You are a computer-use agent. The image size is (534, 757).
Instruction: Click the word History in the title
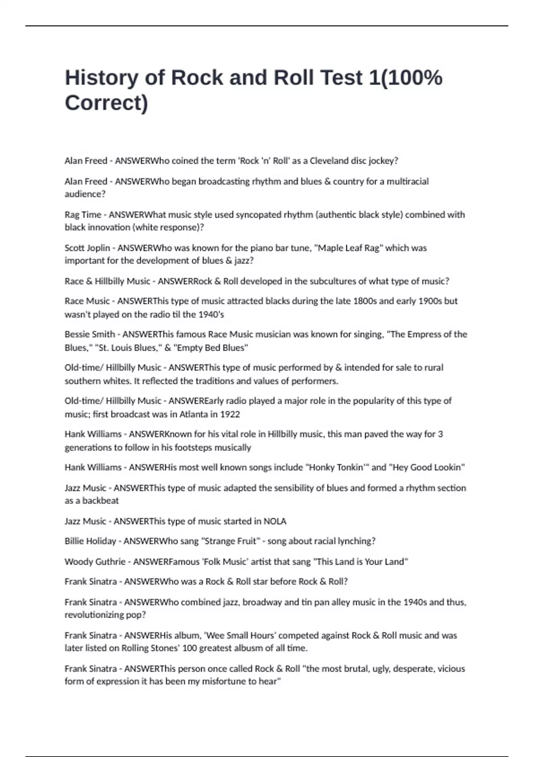point(101,77)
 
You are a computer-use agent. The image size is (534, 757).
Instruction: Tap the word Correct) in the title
point(106,103)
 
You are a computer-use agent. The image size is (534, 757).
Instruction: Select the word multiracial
point(407,181)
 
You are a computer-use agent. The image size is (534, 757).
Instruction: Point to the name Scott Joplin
point(87,248)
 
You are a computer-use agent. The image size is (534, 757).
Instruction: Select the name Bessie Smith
point(90,334)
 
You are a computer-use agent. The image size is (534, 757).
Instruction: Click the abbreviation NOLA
point(275,521)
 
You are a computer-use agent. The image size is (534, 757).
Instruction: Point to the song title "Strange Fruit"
point(231,541)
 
